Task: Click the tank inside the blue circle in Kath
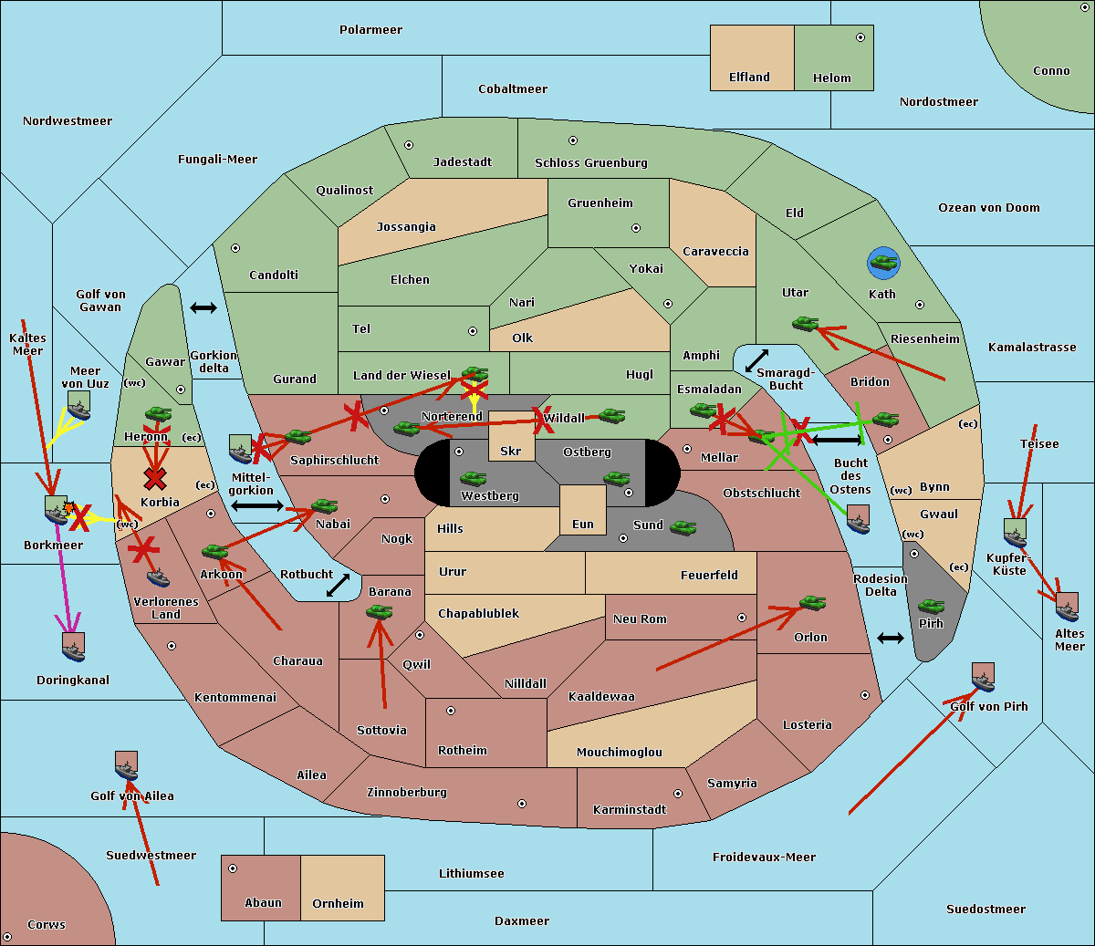pyautogui.click(x=883, y=262)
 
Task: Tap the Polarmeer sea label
pyautogui.click(x=370, y=30)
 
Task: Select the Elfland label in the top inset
pyautogui.click(x=749, y=78)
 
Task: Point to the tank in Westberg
pyautogui.click(x=473, y=479)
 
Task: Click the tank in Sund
pyautogui.click(x=683, y=527)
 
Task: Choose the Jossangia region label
pyautogui.click(x=406, y=227)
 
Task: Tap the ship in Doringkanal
pyautogui.click(x=74, y=647)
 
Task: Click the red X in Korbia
pyautogui.click(x=155, y=478)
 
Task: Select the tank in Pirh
pyautogui.click(x=931, y=606)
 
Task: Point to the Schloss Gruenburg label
pyautogui.click(x=591, y=162)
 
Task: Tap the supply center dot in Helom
pyautogui.click(x=860, y=37)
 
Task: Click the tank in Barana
pyautogui.click(x=380, y=612)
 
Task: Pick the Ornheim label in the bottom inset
pyautogui.click(x=338, y=903)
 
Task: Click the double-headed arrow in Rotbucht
pyautogui.click(x=339, y=585)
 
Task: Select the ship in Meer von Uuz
pyautogui.click(x=79, y=405)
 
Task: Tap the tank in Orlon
pyautogui.click(x=812, y=603)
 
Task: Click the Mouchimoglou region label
pyautogui.click(x=620, y=752)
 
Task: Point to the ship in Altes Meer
pyautogui.click(x=1067, y=607)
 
